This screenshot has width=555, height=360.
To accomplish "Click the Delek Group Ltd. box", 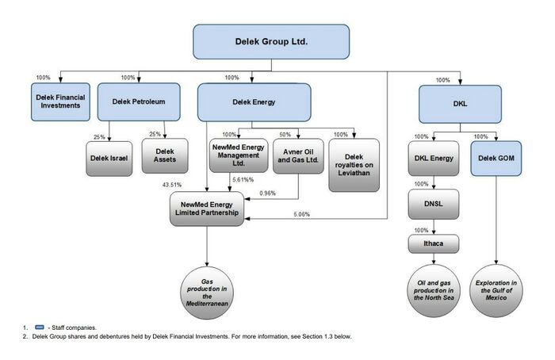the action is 271,42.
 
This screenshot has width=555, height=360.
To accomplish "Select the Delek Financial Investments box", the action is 60,102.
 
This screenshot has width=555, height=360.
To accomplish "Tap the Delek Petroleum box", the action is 139,102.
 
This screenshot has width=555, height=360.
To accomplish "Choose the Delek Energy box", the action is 255,102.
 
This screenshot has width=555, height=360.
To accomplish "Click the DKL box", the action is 460,104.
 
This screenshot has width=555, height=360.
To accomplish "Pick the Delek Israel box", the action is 109,159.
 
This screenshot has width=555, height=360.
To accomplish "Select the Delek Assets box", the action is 165,155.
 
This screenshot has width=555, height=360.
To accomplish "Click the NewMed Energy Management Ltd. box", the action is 239,155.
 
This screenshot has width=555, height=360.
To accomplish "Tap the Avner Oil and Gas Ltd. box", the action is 298,155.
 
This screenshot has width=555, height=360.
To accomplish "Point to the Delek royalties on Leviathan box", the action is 354,165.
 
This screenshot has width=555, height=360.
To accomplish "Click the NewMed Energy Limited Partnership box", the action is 207,209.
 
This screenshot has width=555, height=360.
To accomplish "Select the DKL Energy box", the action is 434,159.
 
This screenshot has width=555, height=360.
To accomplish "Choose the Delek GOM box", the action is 496,159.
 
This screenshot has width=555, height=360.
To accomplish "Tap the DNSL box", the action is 434,205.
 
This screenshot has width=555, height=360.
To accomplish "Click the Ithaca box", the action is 434,243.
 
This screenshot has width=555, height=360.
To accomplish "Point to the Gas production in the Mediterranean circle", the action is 207,293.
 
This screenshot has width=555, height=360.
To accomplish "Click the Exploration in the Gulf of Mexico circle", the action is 496,291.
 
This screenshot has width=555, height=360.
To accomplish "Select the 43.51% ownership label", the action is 172,185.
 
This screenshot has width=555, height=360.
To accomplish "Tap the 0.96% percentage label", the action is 268,193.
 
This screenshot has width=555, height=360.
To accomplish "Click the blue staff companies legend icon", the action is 40,327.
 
